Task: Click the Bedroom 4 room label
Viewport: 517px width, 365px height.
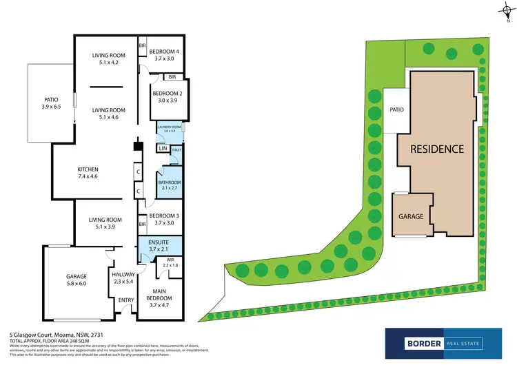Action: pyautogui.click(x=165, y=54)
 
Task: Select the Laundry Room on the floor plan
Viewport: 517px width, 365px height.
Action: pyautogui.click(x=168, y=129)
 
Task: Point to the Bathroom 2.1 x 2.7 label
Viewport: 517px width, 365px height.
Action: pyautogui.click(x=169, y=185)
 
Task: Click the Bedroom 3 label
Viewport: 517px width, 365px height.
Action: pyautogui.click(x=165, y=219)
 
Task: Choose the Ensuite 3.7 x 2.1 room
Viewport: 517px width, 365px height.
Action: pyautogui.click(x=160, y=246)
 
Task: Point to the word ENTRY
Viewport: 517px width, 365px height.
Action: pyautogui.click(x=126, y=300)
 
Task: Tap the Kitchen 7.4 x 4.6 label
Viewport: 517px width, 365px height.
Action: pyautogui.click(x=88, y=173)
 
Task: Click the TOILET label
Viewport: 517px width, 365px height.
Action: pyautogui.click(x=176, y=149)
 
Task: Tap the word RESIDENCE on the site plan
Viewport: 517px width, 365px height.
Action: pyautogui.click(x=437, y=149)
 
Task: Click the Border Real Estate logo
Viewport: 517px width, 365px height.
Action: pyautogui.click(x=434, y=342)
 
